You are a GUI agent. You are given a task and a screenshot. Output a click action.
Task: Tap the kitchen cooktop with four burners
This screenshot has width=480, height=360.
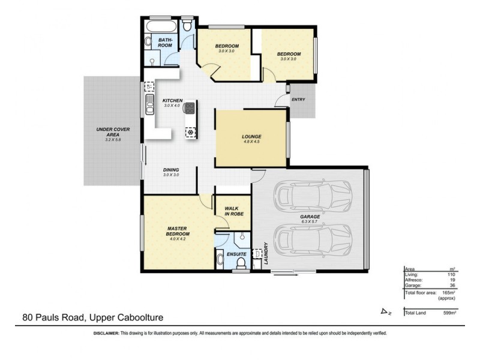190,109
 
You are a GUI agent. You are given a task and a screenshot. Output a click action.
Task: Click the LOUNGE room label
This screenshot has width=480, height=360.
251,136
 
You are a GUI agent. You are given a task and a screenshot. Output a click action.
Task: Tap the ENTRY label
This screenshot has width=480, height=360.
298,100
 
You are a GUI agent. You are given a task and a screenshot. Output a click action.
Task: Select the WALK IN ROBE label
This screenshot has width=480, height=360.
233,211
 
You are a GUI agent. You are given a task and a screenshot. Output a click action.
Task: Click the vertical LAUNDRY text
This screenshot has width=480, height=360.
265,254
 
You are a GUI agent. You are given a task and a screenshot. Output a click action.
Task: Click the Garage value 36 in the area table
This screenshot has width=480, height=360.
452,286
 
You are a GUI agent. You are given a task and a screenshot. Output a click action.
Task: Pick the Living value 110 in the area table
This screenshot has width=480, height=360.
451,274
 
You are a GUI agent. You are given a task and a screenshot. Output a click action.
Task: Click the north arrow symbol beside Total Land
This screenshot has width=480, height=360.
385,311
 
